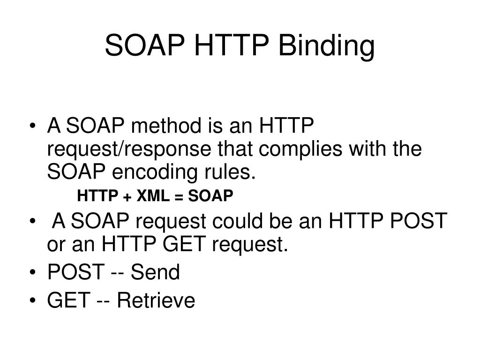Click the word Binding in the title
327,47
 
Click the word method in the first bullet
160,127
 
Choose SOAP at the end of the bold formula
210,195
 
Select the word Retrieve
156,300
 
